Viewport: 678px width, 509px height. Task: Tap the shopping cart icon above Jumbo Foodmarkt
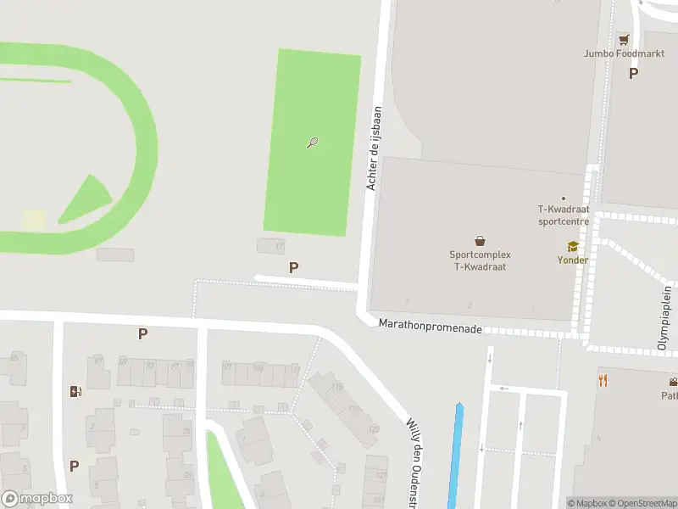point(625,39)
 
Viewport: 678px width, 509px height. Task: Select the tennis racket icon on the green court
point(312,143)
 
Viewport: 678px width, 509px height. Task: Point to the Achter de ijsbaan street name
point(374,148)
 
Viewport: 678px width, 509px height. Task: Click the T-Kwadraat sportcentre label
point(564,215)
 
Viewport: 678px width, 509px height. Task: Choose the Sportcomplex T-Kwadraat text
point(480,260)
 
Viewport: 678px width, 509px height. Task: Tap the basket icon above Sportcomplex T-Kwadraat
point(481,241)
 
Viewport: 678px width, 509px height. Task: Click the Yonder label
point(572,260)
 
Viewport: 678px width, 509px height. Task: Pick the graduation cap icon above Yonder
point(572,246)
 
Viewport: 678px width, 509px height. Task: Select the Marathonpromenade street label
point(430,324)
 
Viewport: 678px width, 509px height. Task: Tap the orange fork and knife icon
point(603,380)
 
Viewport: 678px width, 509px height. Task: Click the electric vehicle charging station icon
point(75,391)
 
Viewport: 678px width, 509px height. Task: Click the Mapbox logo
point(37,499)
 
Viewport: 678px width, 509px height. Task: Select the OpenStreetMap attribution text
point(645,503)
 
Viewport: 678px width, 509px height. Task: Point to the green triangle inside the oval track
point(86,199)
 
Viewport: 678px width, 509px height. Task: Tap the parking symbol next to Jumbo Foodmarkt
point(633,73)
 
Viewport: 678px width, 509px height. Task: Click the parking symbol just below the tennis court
point(293,267)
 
